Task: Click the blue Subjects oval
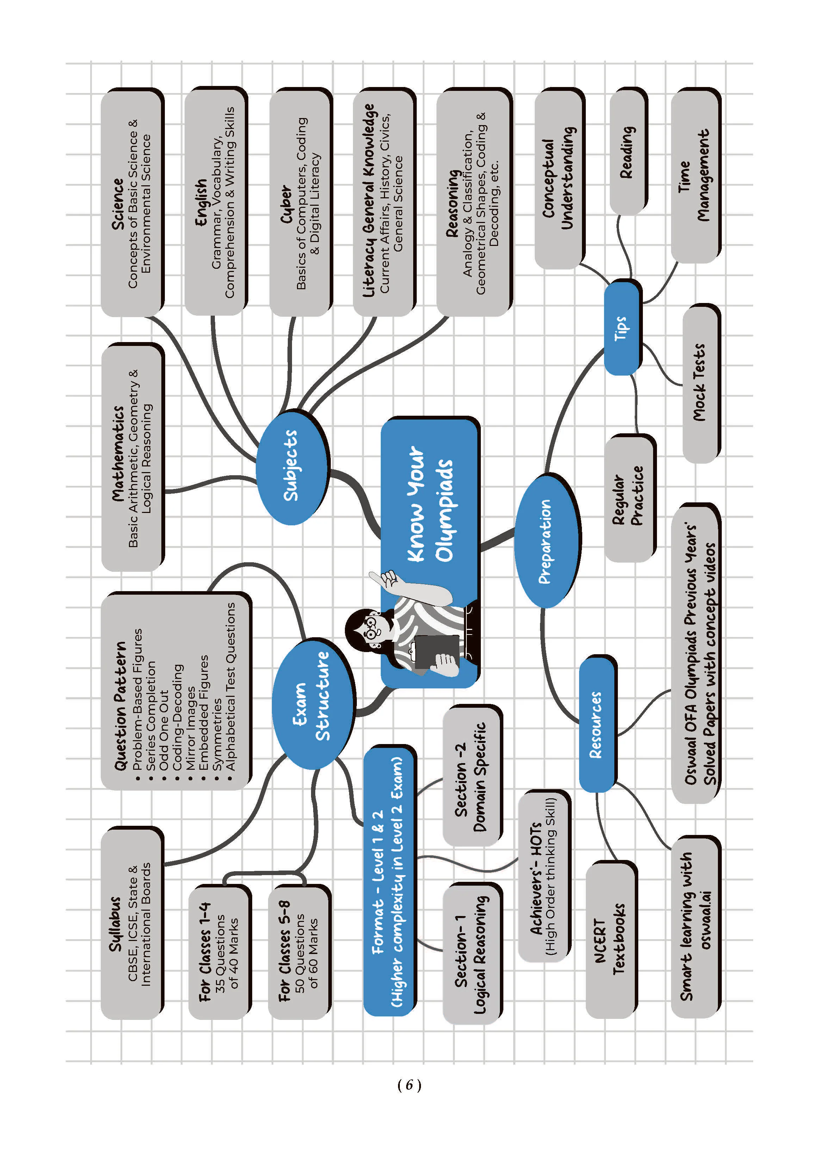coord(292,467)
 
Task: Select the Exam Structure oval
coord(313,704)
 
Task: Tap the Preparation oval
coord(547,541)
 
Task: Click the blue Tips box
coord(623,328)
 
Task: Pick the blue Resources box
coord(598,724)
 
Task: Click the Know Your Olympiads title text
coord(430,504)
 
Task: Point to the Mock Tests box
coord(701,383)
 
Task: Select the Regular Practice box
coord(630,498)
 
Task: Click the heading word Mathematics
coord(118,454)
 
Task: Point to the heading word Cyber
coord(286,204)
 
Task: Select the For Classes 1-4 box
coord(219,951)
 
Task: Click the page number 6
coord(409,1084)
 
